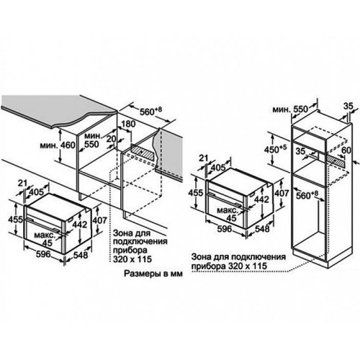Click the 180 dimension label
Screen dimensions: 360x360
[129, 125]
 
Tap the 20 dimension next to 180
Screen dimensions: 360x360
[112, 139]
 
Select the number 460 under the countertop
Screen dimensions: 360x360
[68, 145]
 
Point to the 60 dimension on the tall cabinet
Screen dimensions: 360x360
[346, 150]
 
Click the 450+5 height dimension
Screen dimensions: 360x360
[276, 149]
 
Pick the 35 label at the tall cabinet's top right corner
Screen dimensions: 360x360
[348, 107]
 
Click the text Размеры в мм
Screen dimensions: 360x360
[153, 274]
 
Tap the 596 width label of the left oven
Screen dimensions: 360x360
[43, 253]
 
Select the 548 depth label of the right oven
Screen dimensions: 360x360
[262, 229]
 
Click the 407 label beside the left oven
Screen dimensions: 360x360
[99, 220]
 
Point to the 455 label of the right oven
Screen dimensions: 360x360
[196, 193]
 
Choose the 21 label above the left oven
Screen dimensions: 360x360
[23, 183]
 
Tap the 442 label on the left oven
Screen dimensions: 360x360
[80, 225]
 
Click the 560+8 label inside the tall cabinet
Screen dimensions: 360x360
[307, 195]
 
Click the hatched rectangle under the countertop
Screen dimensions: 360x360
[142, 153]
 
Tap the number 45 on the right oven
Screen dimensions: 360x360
[232, 218]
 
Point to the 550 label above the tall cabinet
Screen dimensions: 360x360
[300, 109]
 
